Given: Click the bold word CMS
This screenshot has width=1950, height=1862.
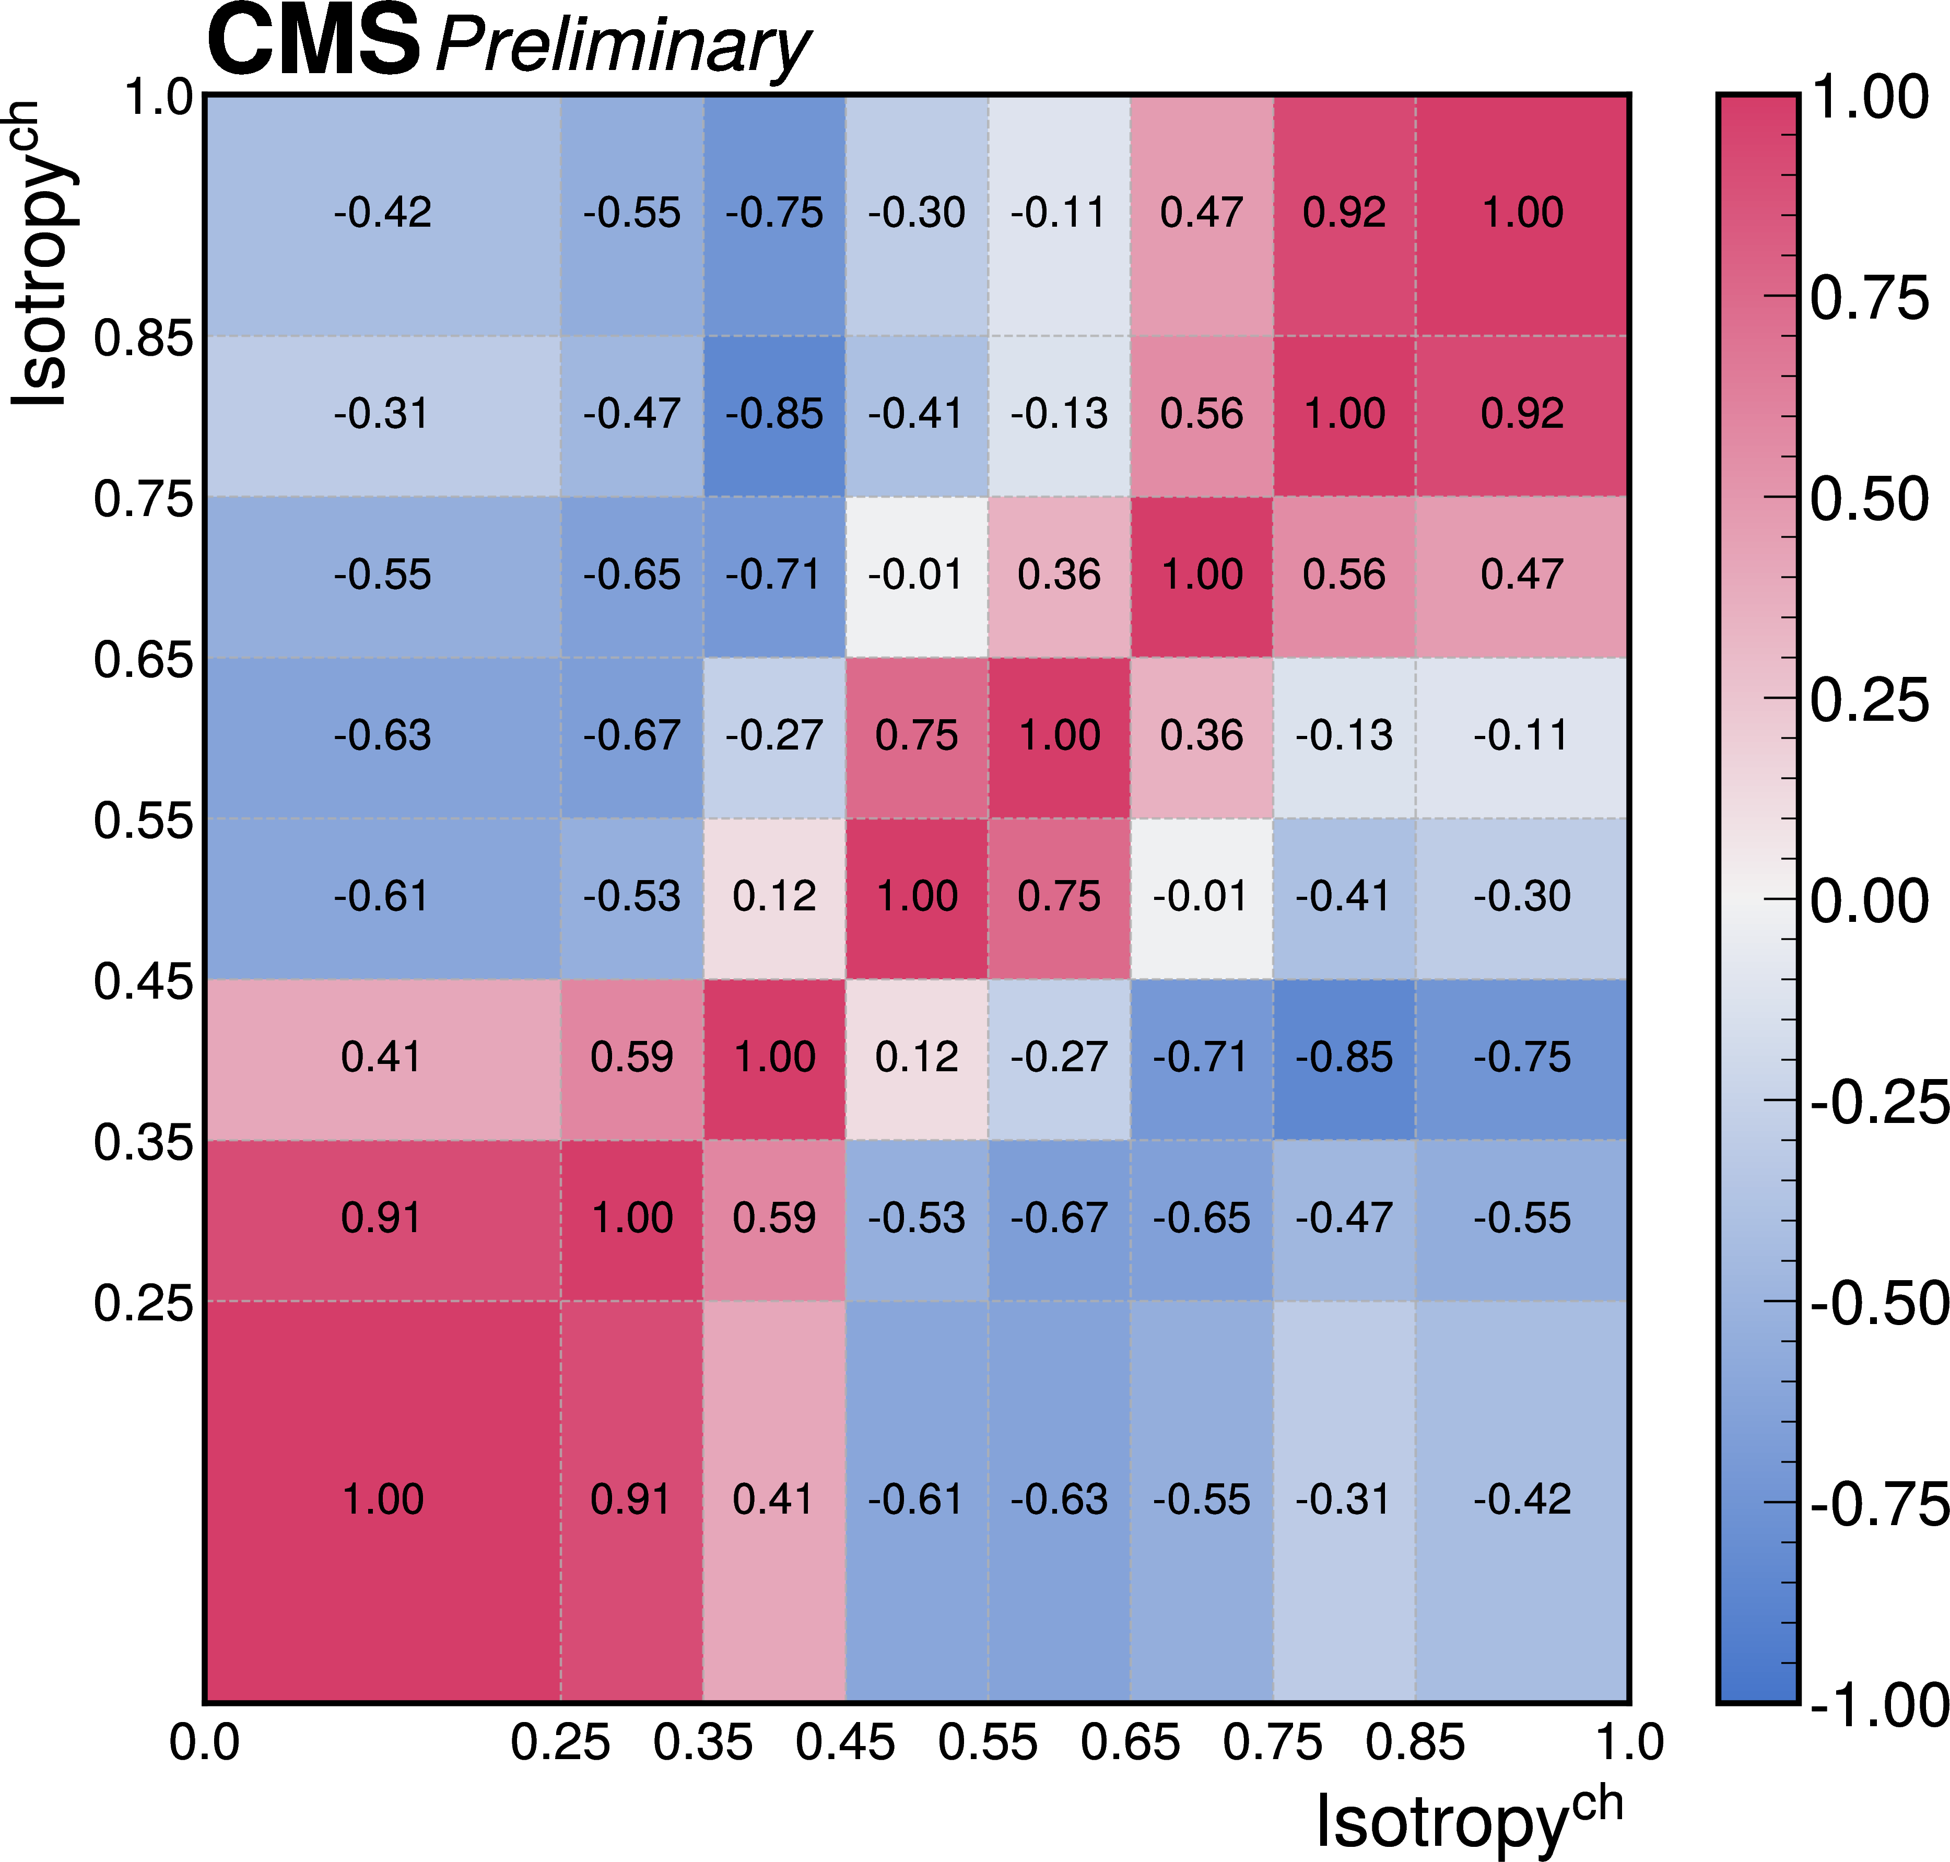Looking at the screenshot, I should (x=313, y=42).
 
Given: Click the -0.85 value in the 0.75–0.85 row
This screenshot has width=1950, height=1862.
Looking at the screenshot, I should (x=774, y=414).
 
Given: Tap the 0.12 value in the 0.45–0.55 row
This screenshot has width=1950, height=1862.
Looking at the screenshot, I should (x=774, y=896).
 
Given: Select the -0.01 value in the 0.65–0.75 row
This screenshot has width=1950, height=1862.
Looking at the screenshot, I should (x=916, y=575).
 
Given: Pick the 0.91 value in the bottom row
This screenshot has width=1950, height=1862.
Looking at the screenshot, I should (x=631, y=1498).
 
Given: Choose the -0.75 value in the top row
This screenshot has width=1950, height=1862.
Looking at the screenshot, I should (x=774, y=213).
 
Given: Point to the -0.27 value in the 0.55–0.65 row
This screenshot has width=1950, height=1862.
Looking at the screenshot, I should (x=774, y=735).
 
